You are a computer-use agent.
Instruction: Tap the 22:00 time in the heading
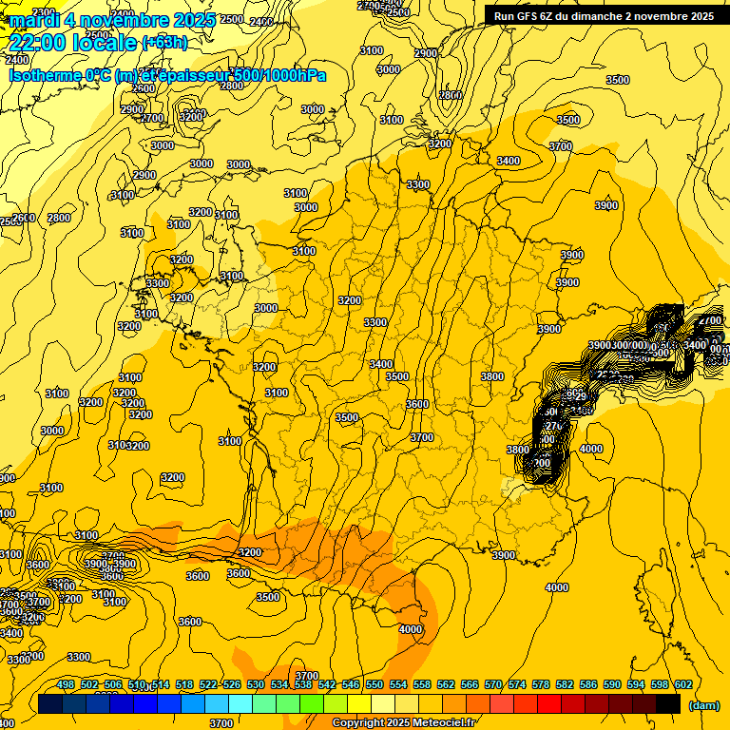pos(40,42)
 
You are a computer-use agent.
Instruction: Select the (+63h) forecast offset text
pos(164,43)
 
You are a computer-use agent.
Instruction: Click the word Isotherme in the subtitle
pos(44,75)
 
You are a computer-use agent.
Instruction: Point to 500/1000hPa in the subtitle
pos(282,75)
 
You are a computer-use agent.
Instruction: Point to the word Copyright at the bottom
pos(358,723)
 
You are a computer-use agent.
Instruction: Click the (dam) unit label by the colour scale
pos(702,704)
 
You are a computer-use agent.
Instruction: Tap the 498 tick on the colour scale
pos(66,684)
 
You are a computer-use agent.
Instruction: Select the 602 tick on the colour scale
pos(682,684)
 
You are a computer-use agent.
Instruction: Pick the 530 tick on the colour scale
pos(256,684)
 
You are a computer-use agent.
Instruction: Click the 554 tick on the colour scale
pos(398,684)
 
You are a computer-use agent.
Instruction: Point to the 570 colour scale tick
pos(493,684)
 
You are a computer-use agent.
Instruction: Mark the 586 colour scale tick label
pos(588,684)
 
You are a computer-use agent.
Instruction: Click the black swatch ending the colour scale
pos(669,703)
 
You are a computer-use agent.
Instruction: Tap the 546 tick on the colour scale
pos(351,684)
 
